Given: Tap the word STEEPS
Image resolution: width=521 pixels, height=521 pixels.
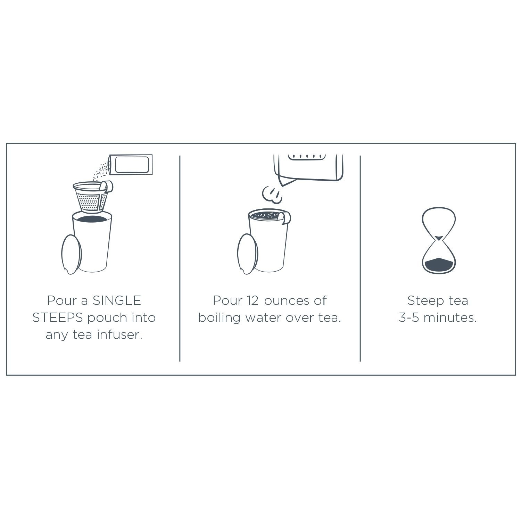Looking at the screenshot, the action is (58, 317).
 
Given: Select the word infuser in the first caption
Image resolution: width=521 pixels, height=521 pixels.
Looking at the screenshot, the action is (119, 334).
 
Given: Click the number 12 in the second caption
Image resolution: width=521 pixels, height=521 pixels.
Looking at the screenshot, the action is (253, 300).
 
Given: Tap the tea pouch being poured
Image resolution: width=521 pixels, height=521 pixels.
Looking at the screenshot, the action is (131, 165).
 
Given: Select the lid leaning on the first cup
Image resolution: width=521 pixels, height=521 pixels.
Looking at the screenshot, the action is (72, 255).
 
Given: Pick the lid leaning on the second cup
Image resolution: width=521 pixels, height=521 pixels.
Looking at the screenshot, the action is (248, 254).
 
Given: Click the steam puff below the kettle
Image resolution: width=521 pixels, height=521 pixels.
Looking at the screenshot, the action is (272, 195).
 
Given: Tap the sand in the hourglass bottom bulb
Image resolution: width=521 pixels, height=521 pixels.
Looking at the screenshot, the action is (438, 265).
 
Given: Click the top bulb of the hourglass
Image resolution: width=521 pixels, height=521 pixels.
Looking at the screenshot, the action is (439, 222).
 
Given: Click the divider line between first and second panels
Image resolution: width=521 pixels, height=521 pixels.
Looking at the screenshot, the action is (180, 258).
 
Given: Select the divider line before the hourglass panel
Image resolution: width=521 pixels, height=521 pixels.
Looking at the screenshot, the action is (360, 258).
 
